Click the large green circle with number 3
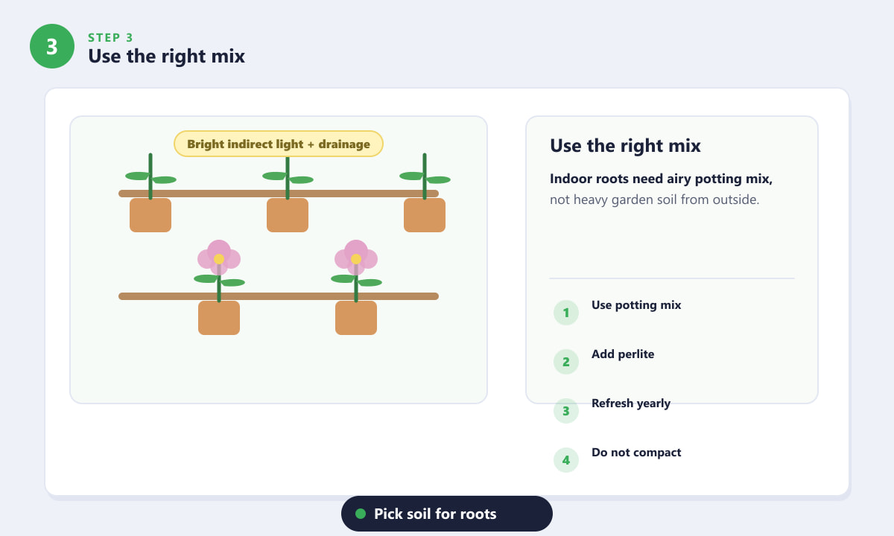pos(52,46)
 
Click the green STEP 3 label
pos(110,38)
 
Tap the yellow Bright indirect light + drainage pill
pos(279,144)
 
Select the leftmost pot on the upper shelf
pos(150,215)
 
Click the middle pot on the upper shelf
pos(288,215)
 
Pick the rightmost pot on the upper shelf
pos(425,215)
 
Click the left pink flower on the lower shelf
pos(219,258)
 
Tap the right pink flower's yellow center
pos(356,259)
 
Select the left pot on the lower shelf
pos(219,318)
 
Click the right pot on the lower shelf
pos(356,318)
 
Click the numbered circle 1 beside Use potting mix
pos(566,313)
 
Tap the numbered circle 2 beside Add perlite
pos(566,362)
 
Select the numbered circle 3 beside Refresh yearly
pos(566,411)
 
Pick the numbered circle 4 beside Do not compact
pos(566,460)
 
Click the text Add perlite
pos(623,354)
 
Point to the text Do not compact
pos(636,453)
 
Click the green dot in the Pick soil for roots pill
pos(361,514)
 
